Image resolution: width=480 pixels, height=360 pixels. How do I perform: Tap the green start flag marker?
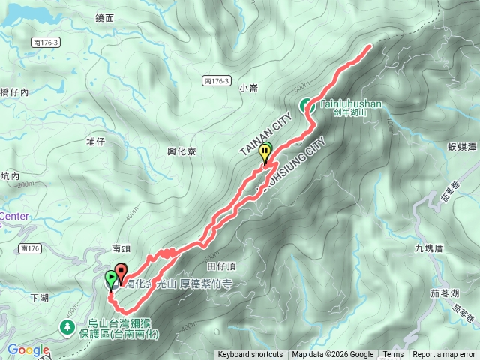point(112,279)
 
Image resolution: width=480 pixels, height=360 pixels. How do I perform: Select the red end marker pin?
point(121,271)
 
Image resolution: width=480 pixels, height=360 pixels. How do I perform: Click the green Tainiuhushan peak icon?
point(307,106)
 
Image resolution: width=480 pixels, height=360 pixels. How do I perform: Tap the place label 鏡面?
point(105,17)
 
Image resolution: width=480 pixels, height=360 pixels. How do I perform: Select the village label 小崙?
point(249,88)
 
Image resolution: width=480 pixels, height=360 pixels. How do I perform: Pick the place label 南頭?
point(121,247)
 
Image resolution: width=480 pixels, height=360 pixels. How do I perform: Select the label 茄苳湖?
point(445,292)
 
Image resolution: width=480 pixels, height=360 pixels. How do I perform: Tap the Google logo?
point(28,349)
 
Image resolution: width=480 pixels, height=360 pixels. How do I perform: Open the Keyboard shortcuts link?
point(250,355)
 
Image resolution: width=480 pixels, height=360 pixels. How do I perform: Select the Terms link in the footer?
point(393,355)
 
